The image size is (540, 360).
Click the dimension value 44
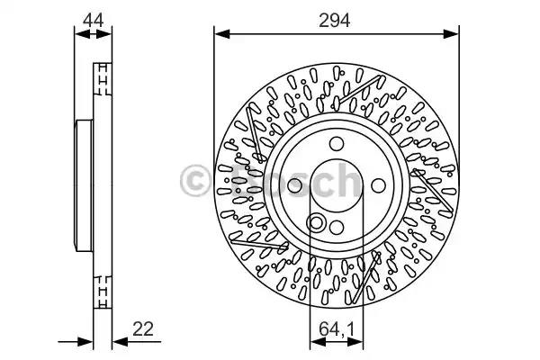[92, 18]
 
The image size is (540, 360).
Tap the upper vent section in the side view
[102, 81]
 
